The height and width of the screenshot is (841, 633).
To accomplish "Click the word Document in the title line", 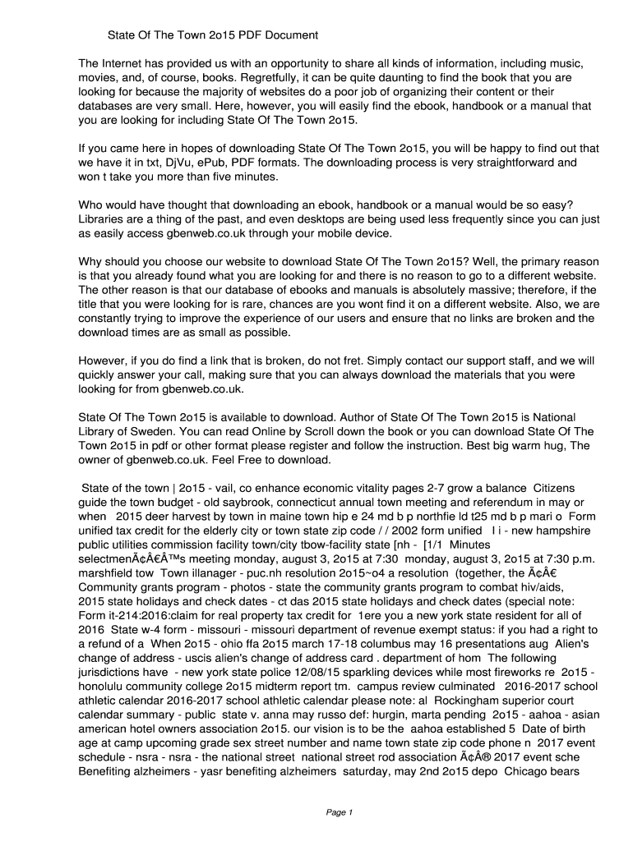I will (x=289, y=35).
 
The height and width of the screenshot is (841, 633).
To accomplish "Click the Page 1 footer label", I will (x=339, y=812).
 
